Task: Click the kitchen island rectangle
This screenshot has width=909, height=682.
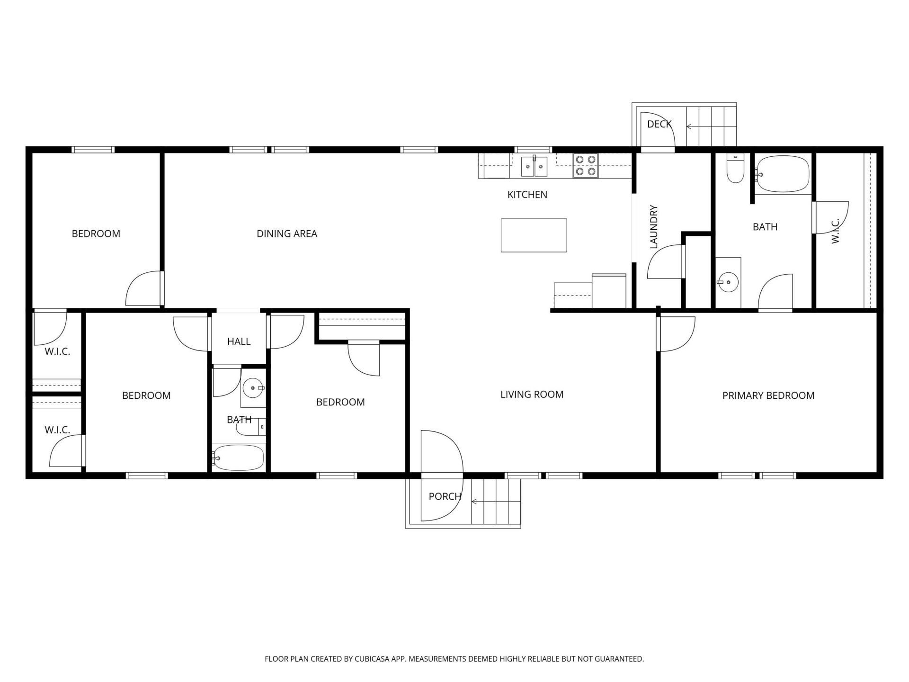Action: (534, 235)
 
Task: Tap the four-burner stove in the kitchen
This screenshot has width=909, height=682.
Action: (586, 165)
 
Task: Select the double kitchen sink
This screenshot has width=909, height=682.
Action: (534, 166)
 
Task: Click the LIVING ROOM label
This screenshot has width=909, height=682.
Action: (532, 395)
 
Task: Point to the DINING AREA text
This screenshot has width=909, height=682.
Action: (286, 233)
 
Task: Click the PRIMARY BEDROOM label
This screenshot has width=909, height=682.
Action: (768, 395)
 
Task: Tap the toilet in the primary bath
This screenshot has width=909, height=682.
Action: (736, 170)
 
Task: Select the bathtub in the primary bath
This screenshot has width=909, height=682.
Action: (782, 174)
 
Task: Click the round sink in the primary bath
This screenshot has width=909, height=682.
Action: (728, 282)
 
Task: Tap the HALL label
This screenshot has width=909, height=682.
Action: (239, 341)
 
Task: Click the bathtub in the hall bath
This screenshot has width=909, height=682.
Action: (238, 458)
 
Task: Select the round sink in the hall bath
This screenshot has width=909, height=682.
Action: (253, 388)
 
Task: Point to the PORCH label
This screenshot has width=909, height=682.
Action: (445, 496)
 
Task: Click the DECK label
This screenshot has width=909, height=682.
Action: (659, 124)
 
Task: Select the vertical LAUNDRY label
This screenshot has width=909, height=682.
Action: (654, 227)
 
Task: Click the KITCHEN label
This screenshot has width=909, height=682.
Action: (527, 195)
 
